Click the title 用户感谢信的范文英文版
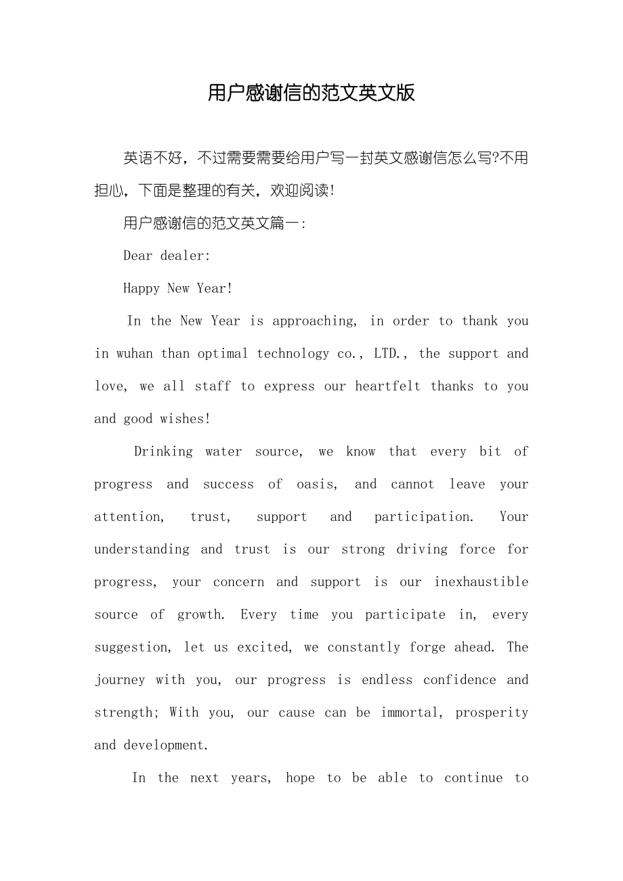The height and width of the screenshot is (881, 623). point(311,93)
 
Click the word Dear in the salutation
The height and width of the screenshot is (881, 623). point(138,256)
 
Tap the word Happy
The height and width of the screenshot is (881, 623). point(142,289)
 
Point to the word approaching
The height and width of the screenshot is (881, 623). point(314,321)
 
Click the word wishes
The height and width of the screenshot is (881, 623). point(184,419)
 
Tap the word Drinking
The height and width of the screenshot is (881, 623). point(163,451)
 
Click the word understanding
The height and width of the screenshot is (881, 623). point(142,549)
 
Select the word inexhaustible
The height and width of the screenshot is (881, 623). point(481,582)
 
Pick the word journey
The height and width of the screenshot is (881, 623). point(119,680)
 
